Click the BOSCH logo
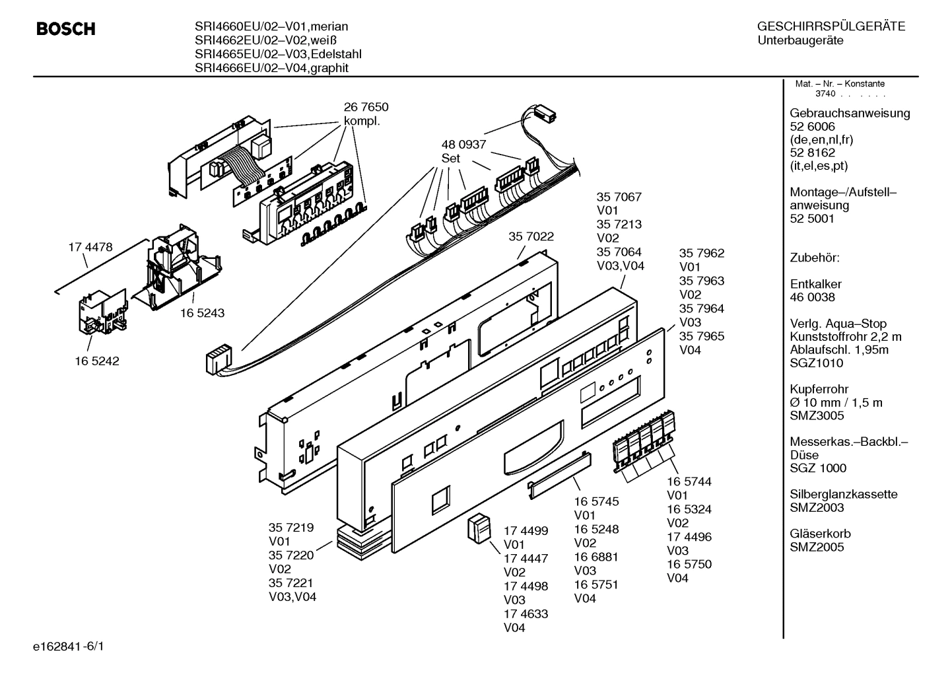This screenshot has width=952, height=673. pyautogui.click(x=65, y=29)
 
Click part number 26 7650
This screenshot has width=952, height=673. pyautogui.click(x=366, y=107)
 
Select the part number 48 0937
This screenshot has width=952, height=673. pyautogui.click(x=463, y=145)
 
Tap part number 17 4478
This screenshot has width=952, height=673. pyautogui.click(x=90, y=248)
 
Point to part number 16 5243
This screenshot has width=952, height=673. pyautogui.click(x=202, y=313)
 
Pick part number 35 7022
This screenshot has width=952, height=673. pyautogui.click(x=531, y=236)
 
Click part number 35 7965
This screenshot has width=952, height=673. pyautogui.click(x=702, y=336)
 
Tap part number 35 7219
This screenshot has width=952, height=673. pyautogui.click(x=290, y=528)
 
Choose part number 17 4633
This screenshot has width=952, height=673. pyautogui.click(x=526, y=614)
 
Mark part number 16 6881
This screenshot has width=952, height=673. pyautogui.click(x=596, y=557)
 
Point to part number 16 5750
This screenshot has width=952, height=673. pyautogui.click(x=689, y=564)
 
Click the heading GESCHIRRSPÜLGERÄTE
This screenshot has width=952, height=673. pyautogui.click(x=831, y=27)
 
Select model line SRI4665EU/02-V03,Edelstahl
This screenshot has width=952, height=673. pyautogui.click(x=278, y=54)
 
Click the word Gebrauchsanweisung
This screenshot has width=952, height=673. pyautogui.click(x=850, y=113)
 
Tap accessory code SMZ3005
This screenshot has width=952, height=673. pyautogui.click(x=817, y=415)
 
